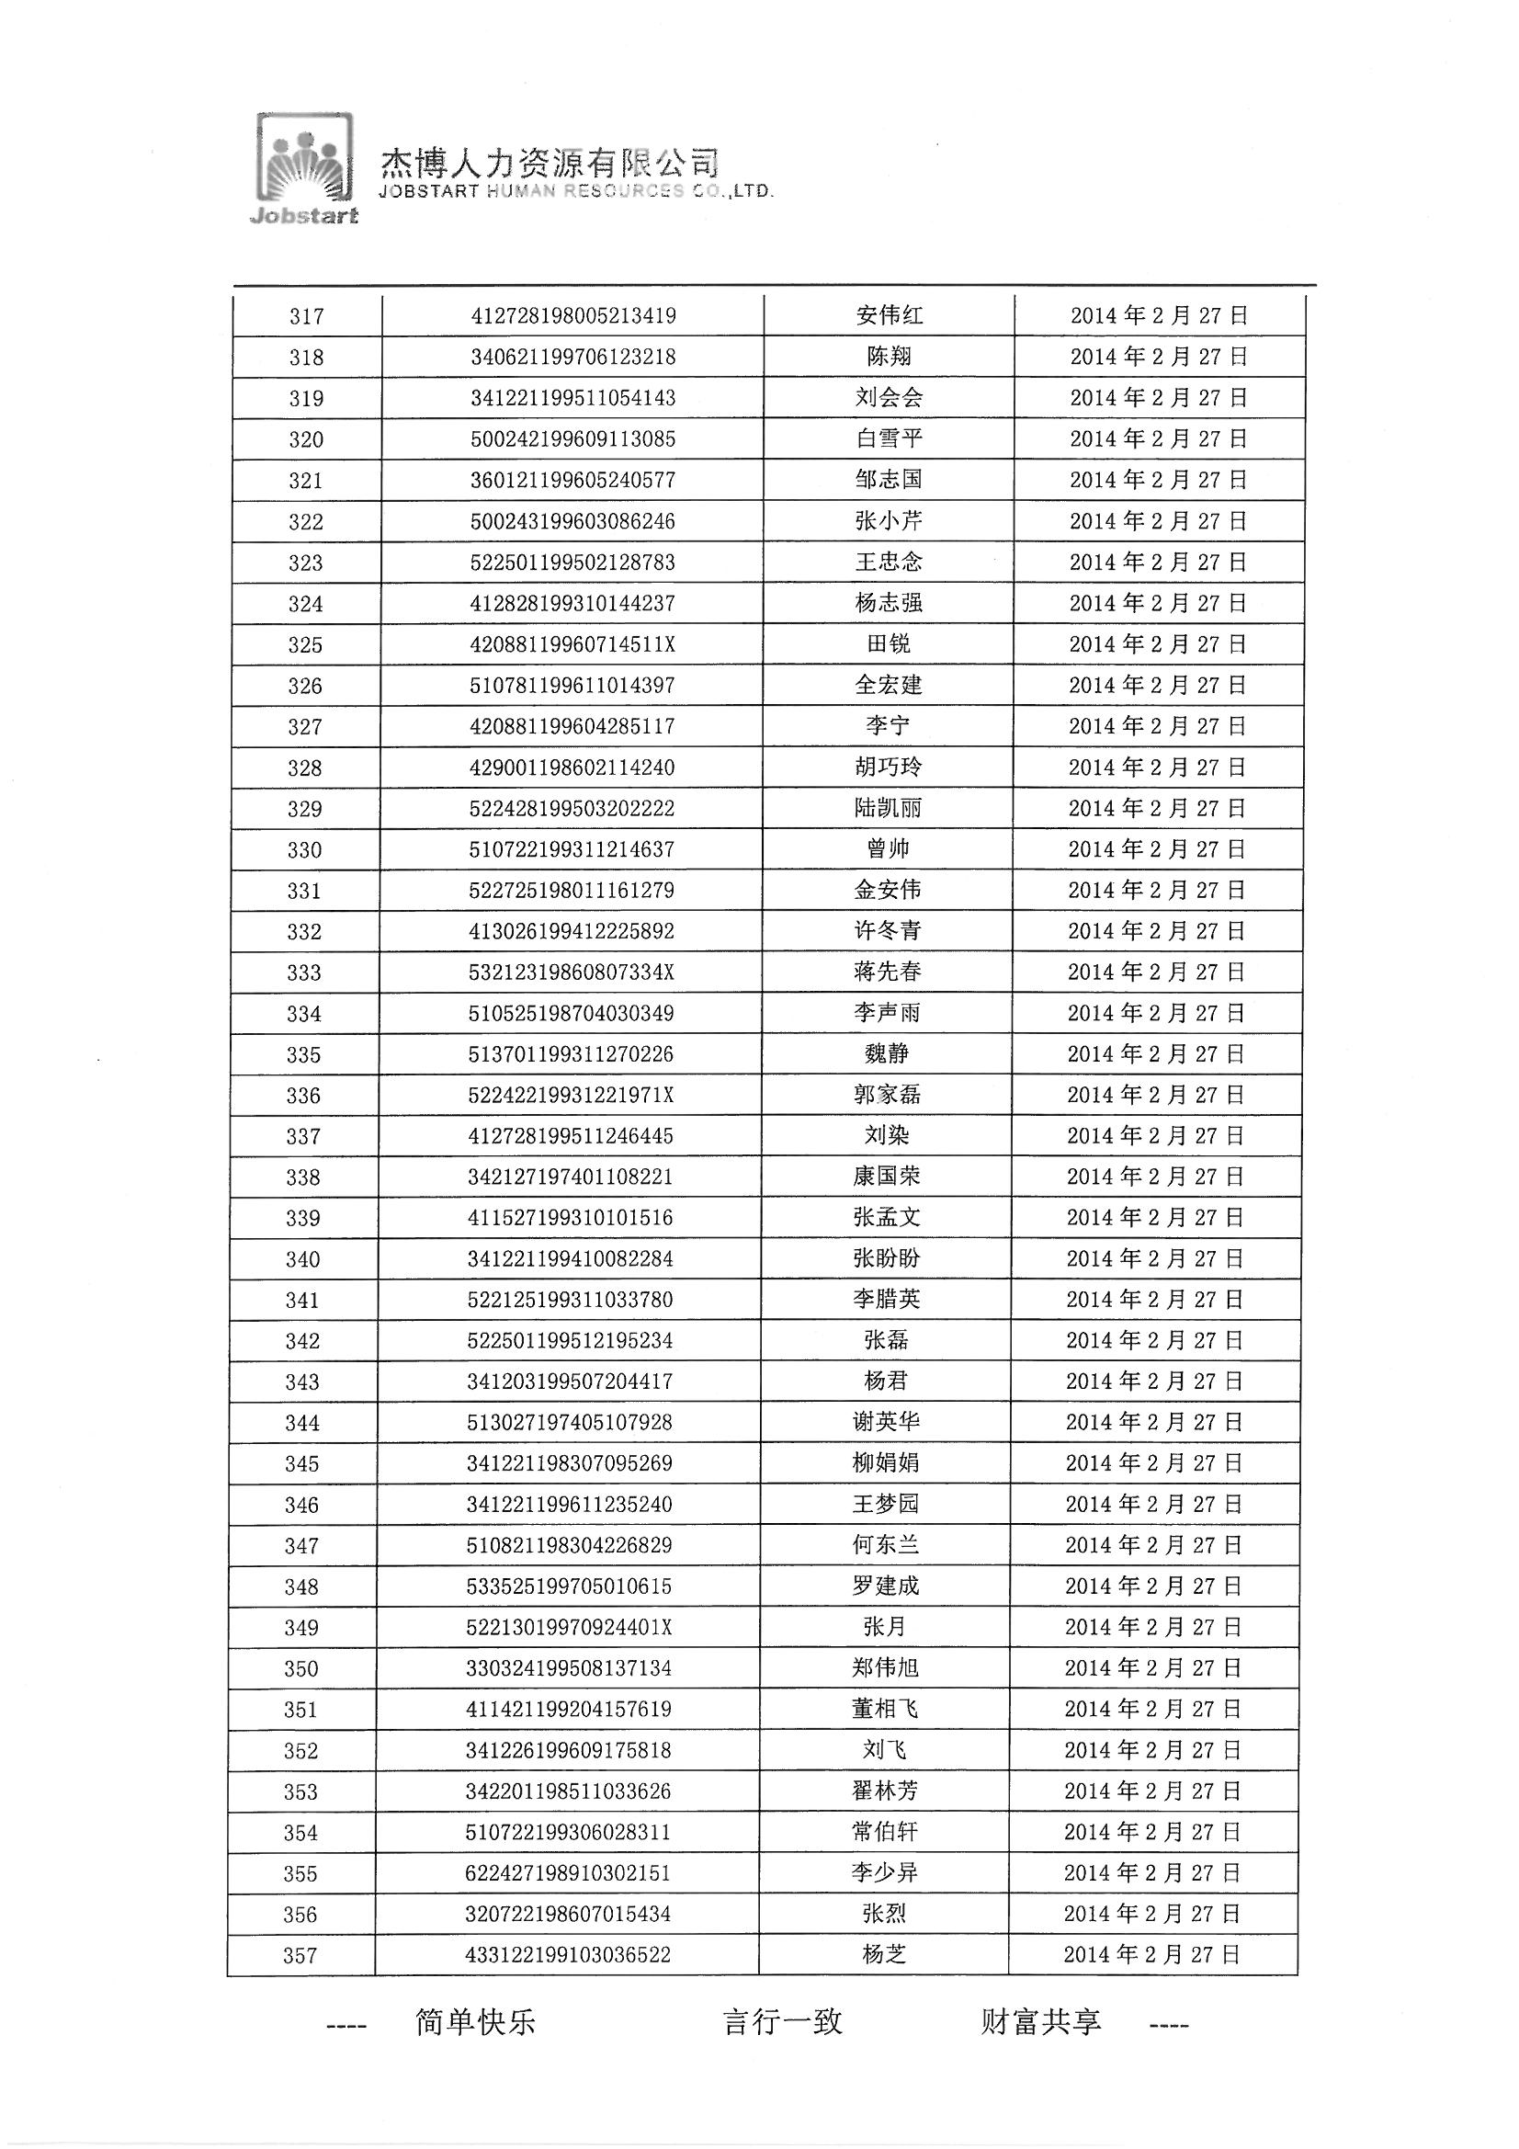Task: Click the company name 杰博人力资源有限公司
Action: point(549,164)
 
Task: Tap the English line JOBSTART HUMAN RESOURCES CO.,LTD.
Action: point(575,192)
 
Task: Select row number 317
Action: point(307,316)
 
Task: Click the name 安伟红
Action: point(890,315)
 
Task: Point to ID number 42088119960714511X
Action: point(572,645)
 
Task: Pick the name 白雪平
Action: point(890,439)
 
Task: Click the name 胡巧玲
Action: point(889,767)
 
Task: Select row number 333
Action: point(304,973)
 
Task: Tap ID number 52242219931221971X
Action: point(571,1095)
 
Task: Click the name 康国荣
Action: point(887,1177)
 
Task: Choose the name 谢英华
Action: point(885,1423)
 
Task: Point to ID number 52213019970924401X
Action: point(569,1628)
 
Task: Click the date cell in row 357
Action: point(1152,1955)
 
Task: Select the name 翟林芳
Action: point(884,1791)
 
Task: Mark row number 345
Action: point(302,1465)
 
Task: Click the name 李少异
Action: point(884,1873)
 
